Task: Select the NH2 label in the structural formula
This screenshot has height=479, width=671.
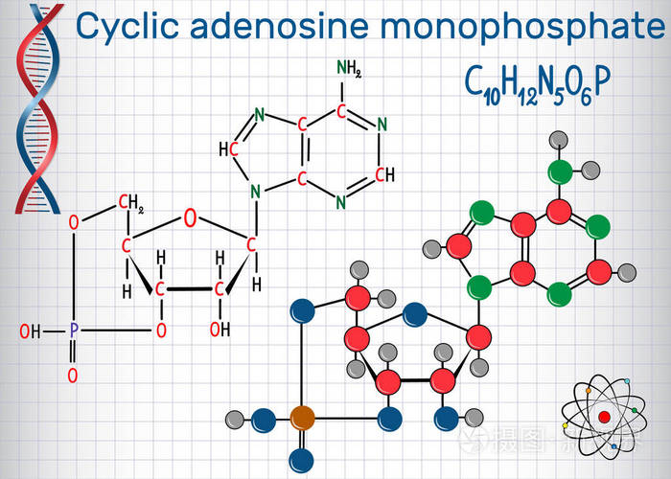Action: tap(348, 68)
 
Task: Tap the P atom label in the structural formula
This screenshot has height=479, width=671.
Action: tap(74, 331)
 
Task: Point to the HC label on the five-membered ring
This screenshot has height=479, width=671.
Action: tap(229, 149)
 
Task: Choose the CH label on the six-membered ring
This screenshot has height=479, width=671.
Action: tap(383, 174)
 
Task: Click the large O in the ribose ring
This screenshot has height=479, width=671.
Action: tap(190, 218)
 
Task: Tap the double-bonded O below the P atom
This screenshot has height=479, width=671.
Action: tap(74, 374)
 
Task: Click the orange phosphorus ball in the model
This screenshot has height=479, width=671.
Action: tap(302, 417)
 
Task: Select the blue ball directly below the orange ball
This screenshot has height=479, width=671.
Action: tap(302, 458)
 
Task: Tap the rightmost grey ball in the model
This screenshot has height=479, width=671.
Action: tap(629, 270)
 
